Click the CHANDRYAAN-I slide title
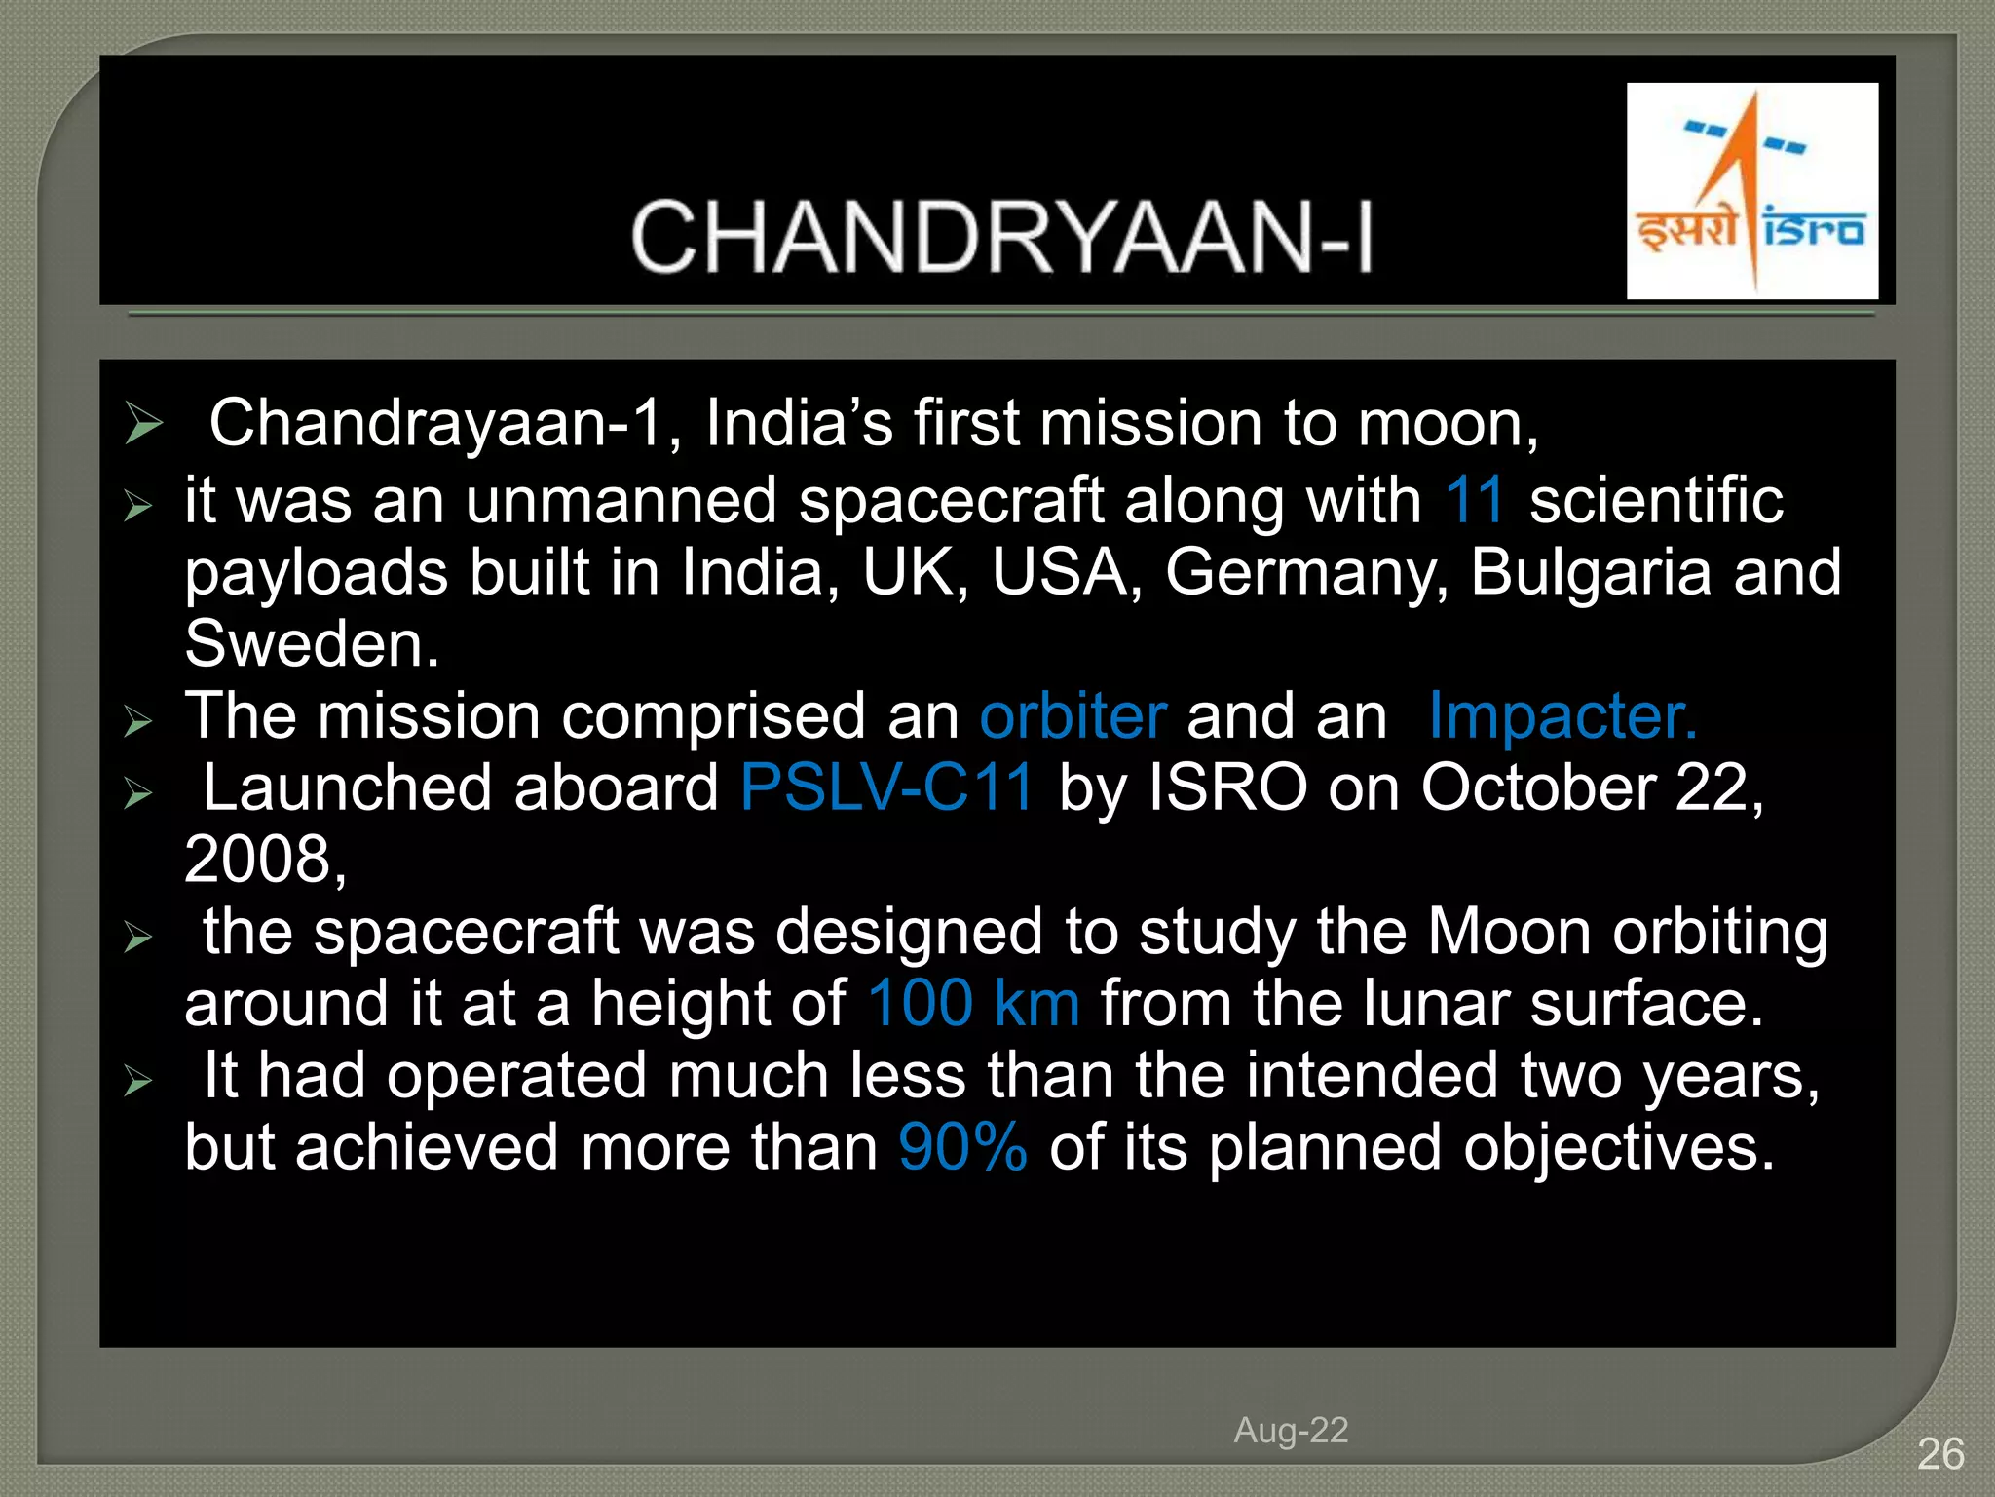[x=1001, y=237]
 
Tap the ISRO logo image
[x=1751, y=191]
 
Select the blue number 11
[x=1475, y=500]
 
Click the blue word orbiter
[x=1073, y=716]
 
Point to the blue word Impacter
[x=1562, y=716]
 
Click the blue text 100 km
[x=973, y=1004]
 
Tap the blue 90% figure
[x=962, y=1147]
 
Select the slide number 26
[x=1939, y=1454]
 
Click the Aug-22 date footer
[x=1291, y=1430]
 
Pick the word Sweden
[x=312, y=644]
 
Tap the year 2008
[x=263, y=860]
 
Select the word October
[x=1538, y=787]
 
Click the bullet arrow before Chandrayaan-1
[x=143, y=424]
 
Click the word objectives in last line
[x=1617, y=1147]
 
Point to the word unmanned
[x=620, y=500]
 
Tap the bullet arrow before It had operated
[x=138, y=1081]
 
